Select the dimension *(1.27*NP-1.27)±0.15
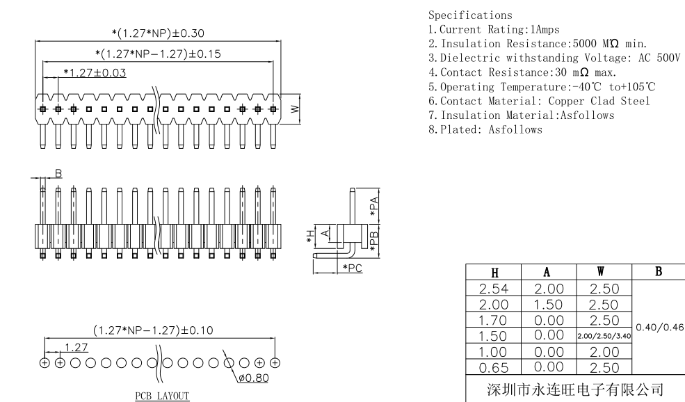coord(158,53)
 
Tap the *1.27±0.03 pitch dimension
coord(95,72)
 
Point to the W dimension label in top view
coord(295,109)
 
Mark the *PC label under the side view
coord(351,268)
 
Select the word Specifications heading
coord(470,15)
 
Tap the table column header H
coord(493,273)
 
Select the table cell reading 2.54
coord(493,289)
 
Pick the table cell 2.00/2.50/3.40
coord(604,336)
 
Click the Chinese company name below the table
coord(574,387)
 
